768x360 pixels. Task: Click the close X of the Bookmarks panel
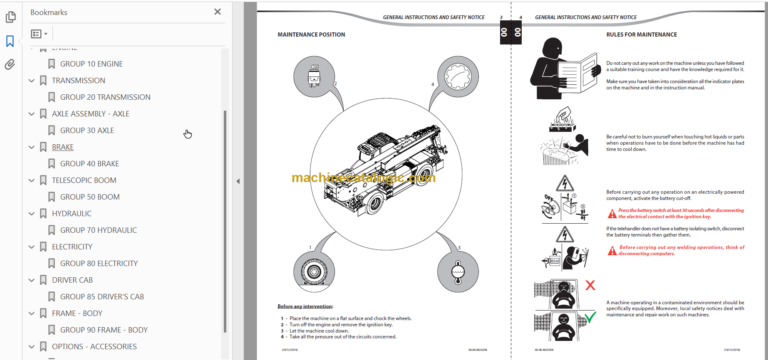point(218,12)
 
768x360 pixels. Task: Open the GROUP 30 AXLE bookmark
point(87,130)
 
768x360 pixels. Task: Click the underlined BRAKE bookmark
point(62,147)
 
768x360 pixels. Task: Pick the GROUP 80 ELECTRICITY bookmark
point(98,263)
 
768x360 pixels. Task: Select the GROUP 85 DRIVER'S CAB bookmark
point(102,297)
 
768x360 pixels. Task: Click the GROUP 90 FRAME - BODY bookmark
point(103,330)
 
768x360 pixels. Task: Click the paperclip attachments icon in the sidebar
point(10,65)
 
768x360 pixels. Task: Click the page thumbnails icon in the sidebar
point(10,17)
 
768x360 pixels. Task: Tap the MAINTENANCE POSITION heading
point(311,35)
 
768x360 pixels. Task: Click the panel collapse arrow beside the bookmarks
point(237,181)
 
